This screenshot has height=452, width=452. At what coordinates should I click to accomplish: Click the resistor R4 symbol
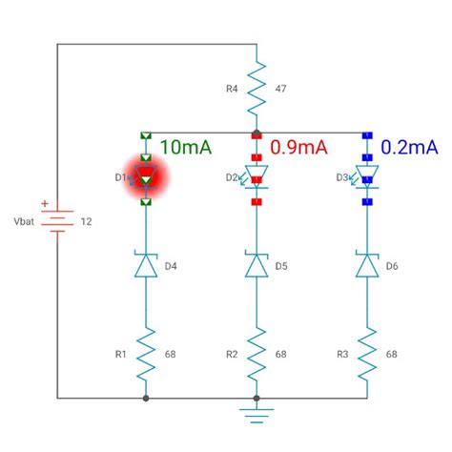[256, 89]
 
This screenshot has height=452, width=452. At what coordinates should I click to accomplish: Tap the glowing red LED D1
[146, 177]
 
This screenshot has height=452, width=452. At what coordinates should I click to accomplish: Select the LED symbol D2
[256, 177]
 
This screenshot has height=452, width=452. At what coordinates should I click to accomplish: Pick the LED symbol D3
[366, 177]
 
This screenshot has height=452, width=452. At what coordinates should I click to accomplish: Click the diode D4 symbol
[146, 265]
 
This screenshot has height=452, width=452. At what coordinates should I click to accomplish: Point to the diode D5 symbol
[256, 265]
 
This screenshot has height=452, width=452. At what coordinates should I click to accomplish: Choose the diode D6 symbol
[366, 265]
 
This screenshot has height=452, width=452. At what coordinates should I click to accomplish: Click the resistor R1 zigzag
[146, 354]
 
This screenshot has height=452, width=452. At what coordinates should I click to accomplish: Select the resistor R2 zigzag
[256, 354]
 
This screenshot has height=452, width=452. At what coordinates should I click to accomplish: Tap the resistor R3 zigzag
[366, 354]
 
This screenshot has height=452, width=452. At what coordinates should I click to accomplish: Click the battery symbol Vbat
[57, 221]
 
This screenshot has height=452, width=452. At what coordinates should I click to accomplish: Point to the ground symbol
[256, 414]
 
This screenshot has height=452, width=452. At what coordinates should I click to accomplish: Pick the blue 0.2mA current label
[410, 147]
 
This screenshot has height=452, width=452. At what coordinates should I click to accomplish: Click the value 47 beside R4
[281, 89]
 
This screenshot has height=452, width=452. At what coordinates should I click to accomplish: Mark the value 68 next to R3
[392, 354]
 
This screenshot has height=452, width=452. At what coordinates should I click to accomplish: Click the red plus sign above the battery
[44, 204]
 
